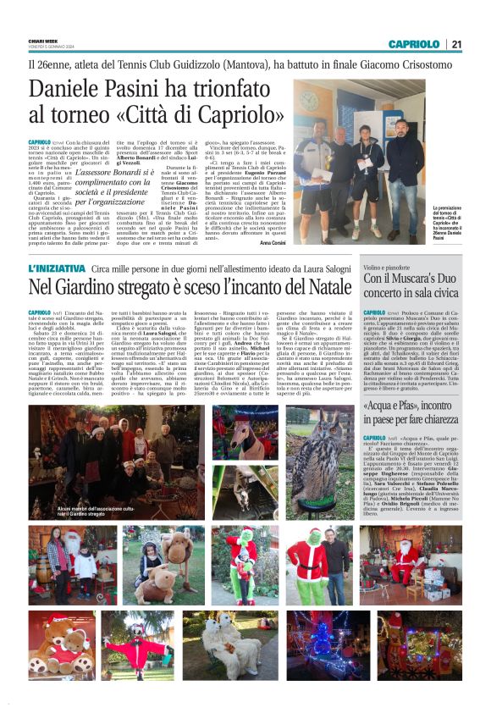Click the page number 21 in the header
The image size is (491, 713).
point(456,44)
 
